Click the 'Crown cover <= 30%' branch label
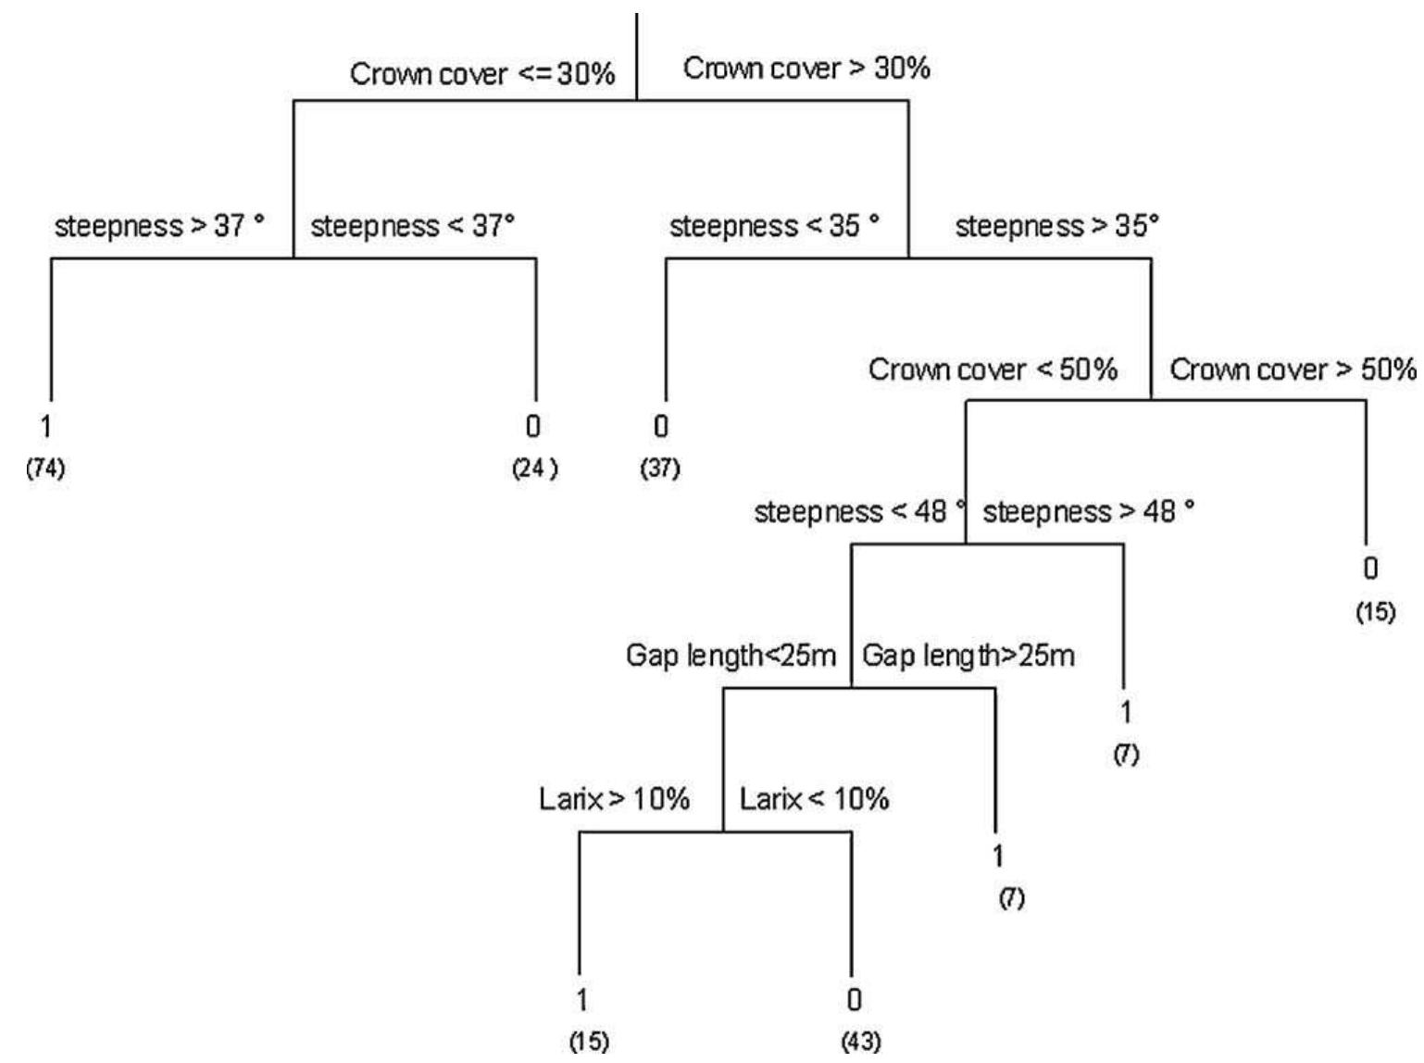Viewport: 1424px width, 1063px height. click(x=482, y=74)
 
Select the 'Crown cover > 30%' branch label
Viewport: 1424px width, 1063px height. click(x=806, y=69)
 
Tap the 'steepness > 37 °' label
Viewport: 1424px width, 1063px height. click(x=159, y=226)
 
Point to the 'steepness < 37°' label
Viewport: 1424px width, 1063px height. click(x=413, y=226)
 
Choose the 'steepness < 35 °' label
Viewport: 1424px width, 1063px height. click(x=775, y=226)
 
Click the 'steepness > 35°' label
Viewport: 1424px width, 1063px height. click(x=1057, y=226)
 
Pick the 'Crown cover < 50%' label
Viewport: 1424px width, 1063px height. click(x=993, y=369)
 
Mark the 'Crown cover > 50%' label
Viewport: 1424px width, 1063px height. click(x=1293, y=369)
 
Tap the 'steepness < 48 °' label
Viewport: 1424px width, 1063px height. click(x=860, y=512)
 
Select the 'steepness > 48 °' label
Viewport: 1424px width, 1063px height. click(x=1089, y=512)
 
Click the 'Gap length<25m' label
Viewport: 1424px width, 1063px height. click(x=731, y=656)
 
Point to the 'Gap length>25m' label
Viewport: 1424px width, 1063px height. click(x=968, y=656)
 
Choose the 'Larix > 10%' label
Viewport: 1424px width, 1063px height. click(x=615, y=798)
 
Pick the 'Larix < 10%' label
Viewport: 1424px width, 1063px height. click(x=814, y=798)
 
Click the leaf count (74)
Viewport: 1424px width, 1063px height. click(x=45, y=469)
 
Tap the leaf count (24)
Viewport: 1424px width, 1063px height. click(x=535, y=469)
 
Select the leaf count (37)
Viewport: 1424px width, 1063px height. click(x=660, y=469)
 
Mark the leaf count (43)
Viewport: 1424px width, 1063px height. click(x=862, y=1043)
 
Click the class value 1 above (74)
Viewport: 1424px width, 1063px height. click(x=45, y=427)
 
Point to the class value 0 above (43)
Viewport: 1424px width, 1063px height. click(x=855, y=1000)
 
